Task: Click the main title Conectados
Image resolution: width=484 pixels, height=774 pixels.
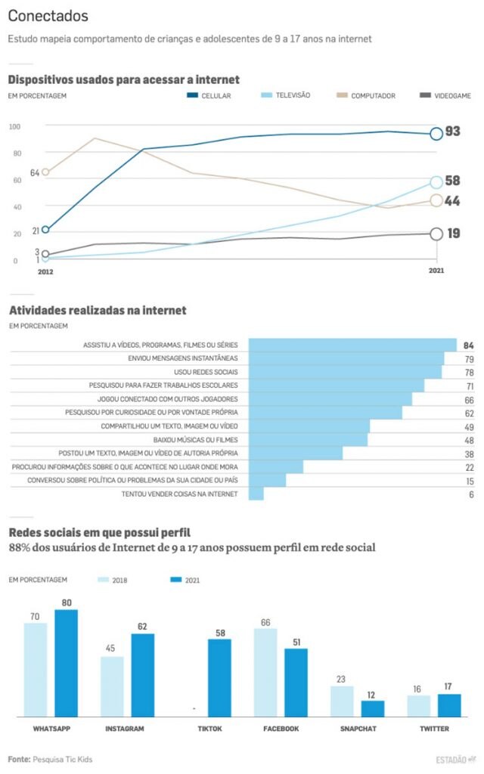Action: point(48,16)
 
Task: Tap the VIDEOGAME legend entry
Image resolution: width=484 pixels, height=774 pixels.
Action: point(446,96)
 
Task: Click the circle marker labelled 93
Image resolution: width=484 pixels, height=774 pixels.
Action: point(436,134)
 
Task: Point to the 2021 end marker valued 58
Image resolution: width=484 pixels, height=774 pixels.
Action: point(436,182)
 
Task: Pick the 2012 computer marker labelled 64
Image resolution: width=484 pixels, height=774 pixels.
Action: point(45,172)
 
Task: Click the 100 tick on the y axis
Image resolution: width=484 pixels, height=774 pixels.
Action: point(15,126)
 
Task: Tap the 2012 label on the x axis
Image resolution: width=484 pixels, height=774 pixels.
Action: point(45,271)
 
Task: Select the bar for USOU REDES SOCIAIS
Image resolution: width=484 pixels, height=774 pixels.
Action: point(345,372)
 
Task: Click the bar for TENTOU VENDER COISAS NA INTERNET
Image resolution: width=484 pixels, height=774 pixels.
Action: point(256,494)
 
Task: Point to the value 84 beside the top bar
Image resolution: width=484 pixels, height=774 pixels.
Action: point(469,345)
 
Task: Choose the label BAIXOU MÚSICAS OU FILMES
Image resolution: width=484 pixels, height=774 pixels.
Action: point(195,440)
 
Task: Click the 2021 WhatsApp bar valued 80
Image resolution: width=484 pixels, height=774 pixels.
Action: point(67,663)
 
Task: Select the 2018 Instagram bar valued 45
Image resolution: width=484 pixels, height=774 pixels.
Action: point(112,686)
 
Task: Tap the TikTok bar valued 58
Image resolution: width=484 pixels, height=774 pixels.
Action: point(219,678)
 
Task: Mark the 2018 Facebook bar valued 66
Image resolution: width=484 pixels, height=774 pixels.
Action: point(265,673)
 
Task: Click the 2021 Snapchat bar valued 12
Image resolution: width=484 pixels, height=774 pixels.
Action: point(373,708)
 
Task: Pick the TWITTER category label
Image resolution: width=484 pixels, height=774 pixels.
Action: point(434,729)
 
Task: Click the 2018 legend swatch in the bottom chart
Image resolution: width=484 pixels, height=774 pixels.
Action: point(103,580)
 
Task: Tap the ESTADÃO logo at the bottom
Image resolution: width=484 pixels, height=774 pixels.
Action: point(455,759)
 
